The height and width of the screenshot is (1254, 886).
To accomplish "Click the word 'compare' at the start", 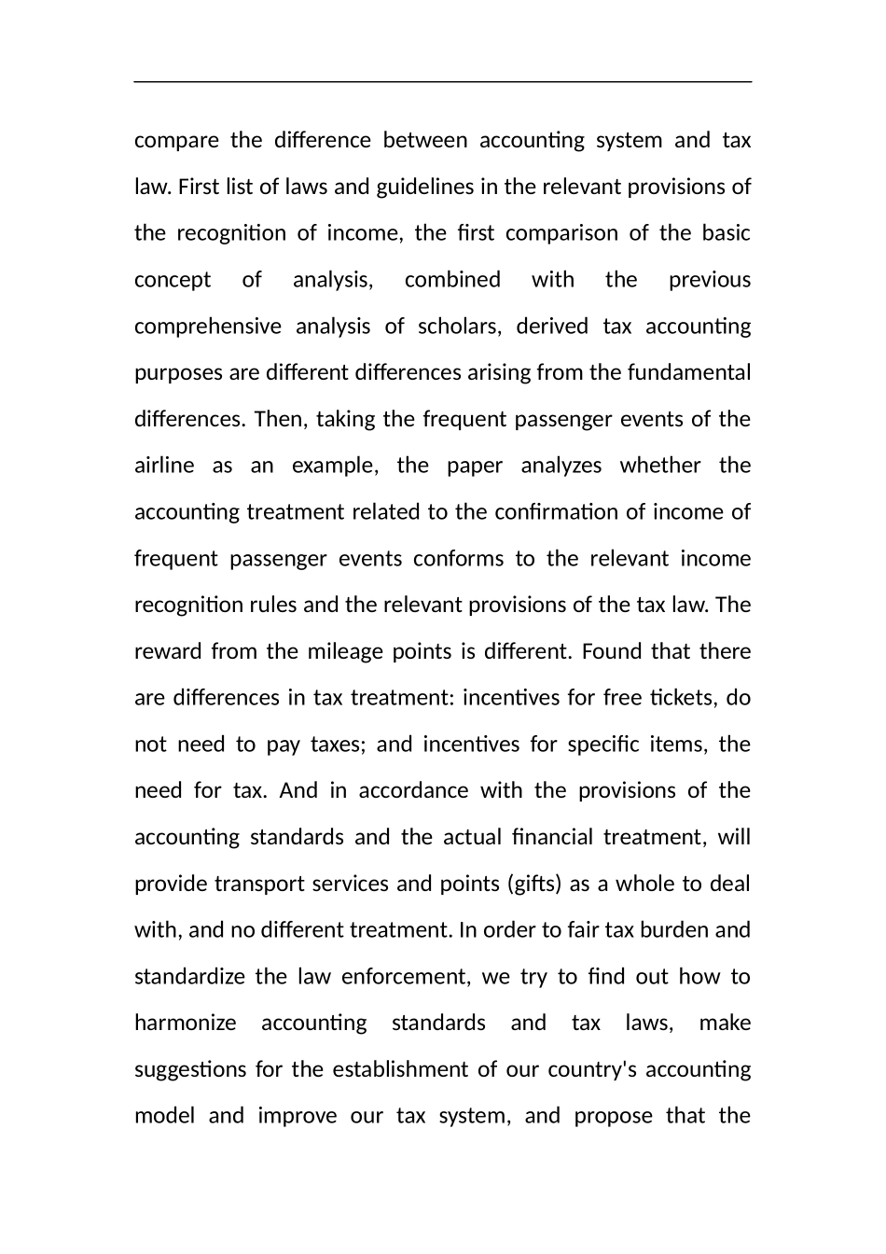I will pos(176,141).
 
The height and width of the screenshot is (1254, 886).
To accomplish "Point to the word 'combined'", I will pos(452,280).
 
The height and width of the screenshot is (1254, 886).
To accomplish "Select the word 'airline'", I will pos(164,466).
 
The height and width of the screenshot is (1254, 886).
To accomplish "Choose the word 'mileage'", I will pos(345,651).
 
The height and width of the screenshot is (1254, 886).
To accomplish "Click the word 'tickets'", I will pos(683,698).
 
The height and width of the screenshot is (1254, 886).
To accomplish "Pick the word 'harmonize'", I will pos(186,1024).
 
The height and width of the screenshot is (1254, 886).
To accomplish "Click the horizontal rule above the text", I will pos(443,82).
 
